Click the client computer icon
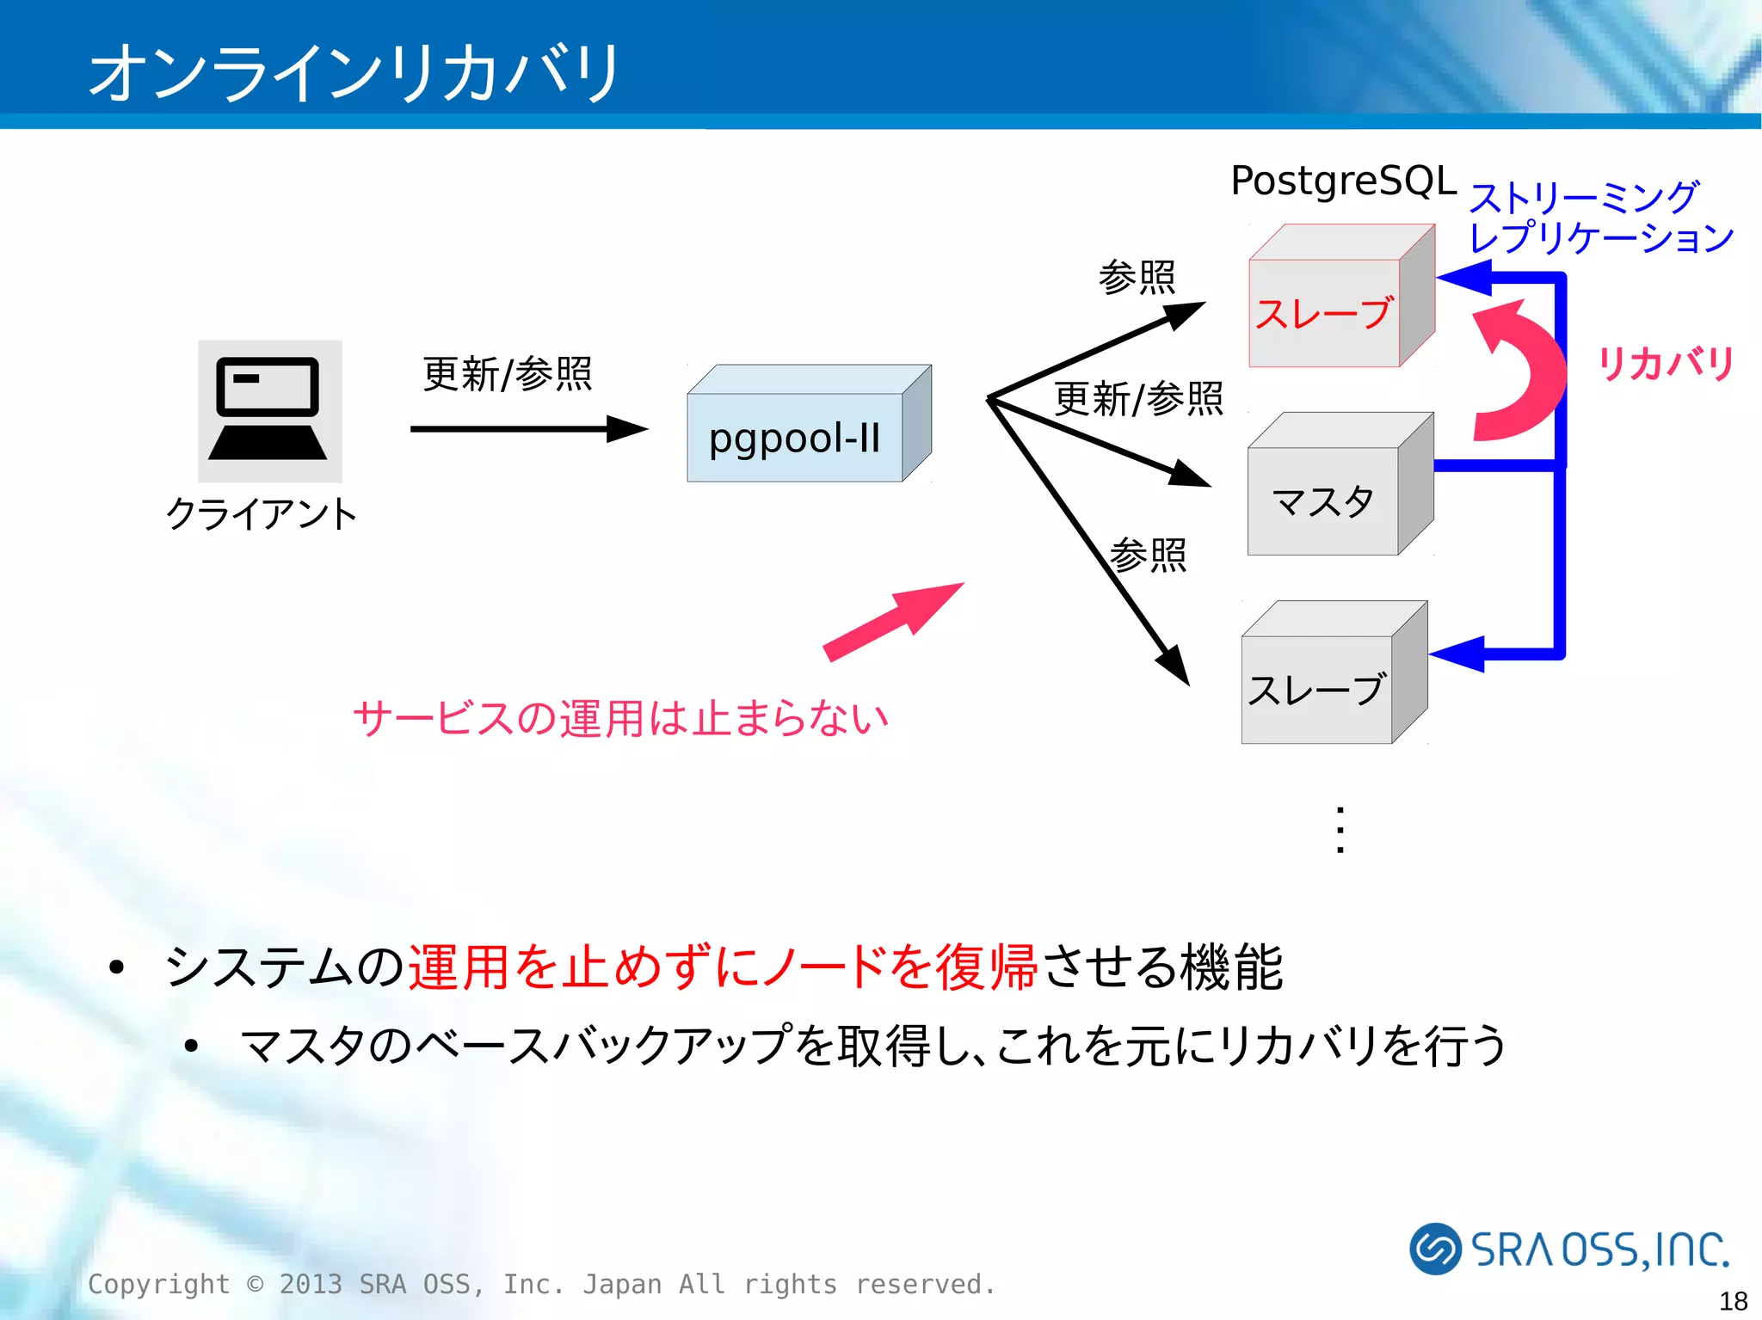269,410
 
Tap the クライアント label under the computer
261,513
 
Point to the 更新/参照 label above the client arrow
507,374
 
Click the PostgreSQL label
1343,181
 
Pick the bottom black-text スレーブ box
1316,689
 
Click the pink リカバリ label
1664,363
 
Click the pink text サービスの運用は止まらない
620,717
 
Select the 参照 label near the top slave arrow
1137,277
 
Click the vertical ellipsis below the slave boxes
1340,830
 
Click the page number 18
1733,1299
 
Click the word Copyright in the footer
159,1284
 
